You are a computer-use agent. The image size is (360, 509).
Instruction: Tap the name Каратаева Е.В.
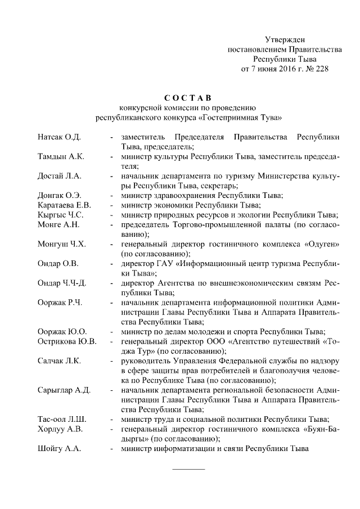(64, 205)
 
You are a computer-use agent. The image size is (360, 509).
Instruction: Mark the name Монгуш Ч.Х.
(61, 244)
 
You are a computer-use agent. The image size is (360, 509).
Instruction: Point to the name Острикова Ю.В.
(67, 341)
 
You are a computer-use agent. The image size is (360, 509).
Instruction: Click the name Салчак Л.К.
(59, 360)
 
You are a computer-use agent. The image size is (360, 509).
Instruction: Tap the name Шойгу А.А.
(59, 448)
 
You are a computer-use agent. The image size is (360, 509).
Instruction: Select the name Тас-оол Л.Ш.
(62, 418)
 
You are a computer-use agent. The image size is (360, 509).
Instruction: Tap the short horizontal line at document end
(188, 469)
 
